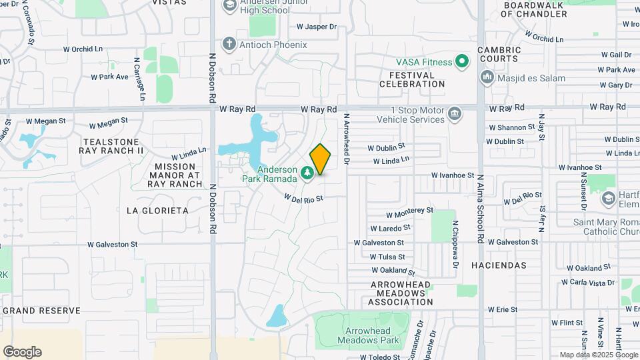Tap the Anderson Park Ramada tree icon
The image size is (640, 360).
(x=307, y=173)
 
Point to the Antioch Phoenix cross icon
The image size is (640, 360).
(x=229, y=45)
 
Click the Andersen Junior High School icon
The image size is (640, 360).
(x=229, y=6)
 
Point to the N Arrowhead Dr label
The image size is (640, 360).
(x=347, y=138)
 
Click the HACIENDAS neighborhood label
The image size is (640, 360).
(x=499, y=265)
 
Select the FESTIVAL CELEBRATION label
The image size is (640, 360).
(x=412, y=79)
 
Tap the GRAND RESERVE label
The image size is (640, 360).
(x=41, y=311)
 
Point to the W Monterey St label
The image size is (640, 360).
(x=410, y=213)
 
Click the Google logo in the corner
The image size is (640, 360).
(x=22, y=351)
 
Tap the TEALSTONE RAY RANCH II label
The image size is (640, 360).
(x=112, y=146)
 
